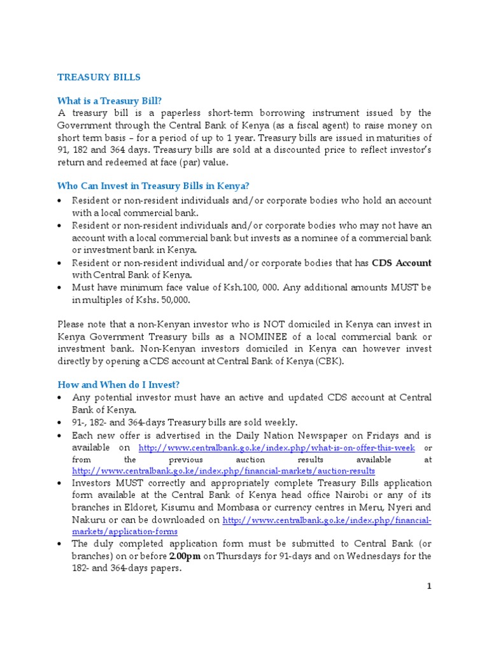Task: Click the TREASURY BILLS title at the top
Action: [99, 77]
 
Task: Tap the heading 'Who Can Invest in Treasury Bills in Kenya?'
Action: [153, 186]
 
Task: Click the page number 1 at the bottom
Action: [429, 586]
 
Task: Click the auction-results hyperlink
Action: [223, 471]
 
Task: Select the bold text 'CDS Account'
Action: [402, 263]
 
